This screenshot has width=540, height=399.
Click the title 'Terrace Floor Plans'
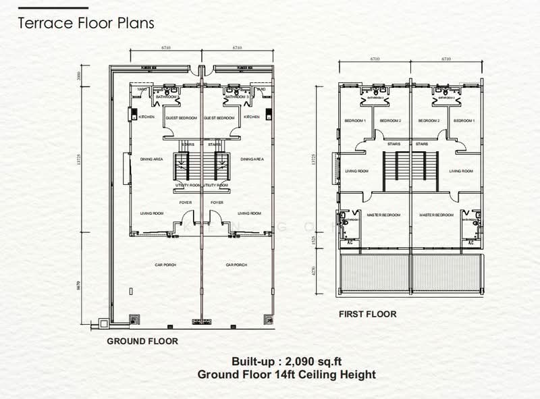[86, 23]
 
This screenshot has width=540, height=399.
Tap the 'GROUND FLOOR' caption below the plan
[142, 342]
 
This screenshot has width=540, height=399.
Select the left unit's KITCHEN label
[146, 117]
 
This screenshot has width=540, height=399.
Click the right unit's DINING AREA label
[251, 159]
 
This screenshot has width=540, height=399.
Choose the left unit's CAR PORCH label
[165, 265]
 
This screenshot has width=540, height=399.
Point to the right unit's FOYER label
[217, 202]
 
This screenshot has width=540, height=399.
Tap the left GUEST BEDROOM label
[182, 118]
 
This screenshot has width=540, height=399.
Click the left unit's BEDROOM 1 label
[355, 121]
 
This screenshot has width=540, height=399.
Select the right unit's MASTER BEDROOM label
[435, 215]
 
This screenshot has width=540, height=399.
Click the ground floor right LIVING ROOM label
[249, 213]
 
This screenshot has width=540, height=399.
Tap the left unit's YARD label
[142, 89]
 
